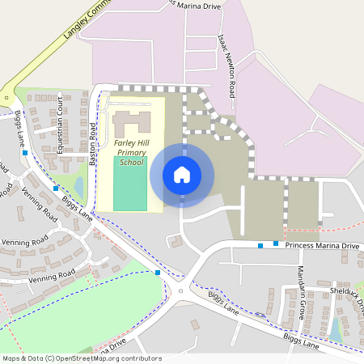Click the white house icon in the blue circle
pos(182,174)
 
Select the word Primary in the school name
pos(131,152)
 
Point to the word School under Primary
pos(131,162)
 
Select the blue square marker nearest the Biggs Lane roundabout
pos(158,273)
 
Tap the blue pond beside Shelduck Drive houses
pos(335,329)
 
